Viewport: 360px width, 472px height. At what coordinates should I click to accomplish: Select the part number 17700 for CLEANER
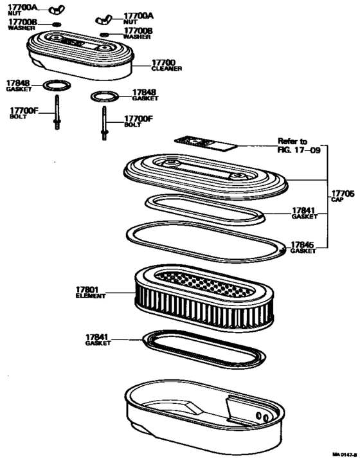pyautogui.click(x=163, y=62)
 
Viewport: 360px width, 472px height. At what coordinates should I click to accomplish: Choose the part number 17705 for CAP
pyautogui.click(x=342, y=194)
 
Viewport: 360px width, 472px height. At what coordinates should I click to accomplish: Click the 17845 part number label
pyautogui.click(x=302, y=245)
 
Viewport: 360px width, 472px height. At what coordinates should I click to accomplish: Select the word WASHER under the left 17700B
pyautogui.click(x=21, y=28)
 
